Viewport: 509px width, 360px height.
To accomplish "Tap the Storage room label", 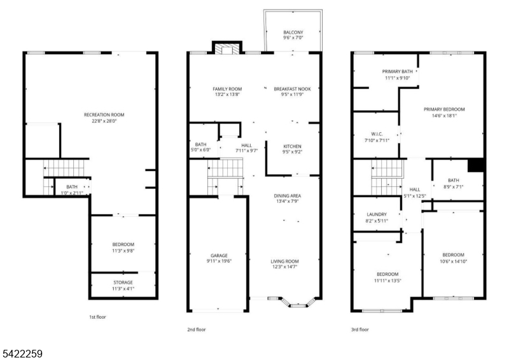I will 123,282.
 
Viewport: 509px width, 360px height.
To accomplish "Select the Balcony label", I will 293,32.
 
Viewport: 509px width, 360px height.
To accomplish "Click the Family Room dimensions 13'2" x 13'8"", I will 227,95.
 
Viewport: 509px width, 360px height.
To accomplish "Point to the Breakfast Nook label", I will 293,88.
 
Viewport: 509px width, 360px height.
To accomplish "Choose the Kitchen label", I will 293,146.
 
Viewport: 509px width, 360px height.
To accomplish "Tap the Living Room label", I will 285,261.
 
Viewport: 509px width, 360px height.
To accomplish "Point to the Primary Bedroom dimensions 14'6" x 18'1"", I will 444,116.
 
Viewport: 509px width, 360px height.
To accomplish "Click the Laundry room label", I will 377,214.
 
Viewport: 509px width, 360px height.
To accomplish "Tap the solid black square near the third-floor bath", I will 477,165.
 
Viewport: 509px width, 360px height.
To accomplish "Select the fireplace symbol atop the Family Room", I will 227,49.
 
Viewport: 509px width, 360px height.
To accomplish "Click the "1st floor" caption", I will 99,315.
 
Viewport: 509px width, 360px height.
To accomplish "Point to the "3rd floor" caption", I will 359,329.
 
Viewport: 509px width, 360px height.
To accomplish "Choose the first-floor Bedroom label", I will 123,244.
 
